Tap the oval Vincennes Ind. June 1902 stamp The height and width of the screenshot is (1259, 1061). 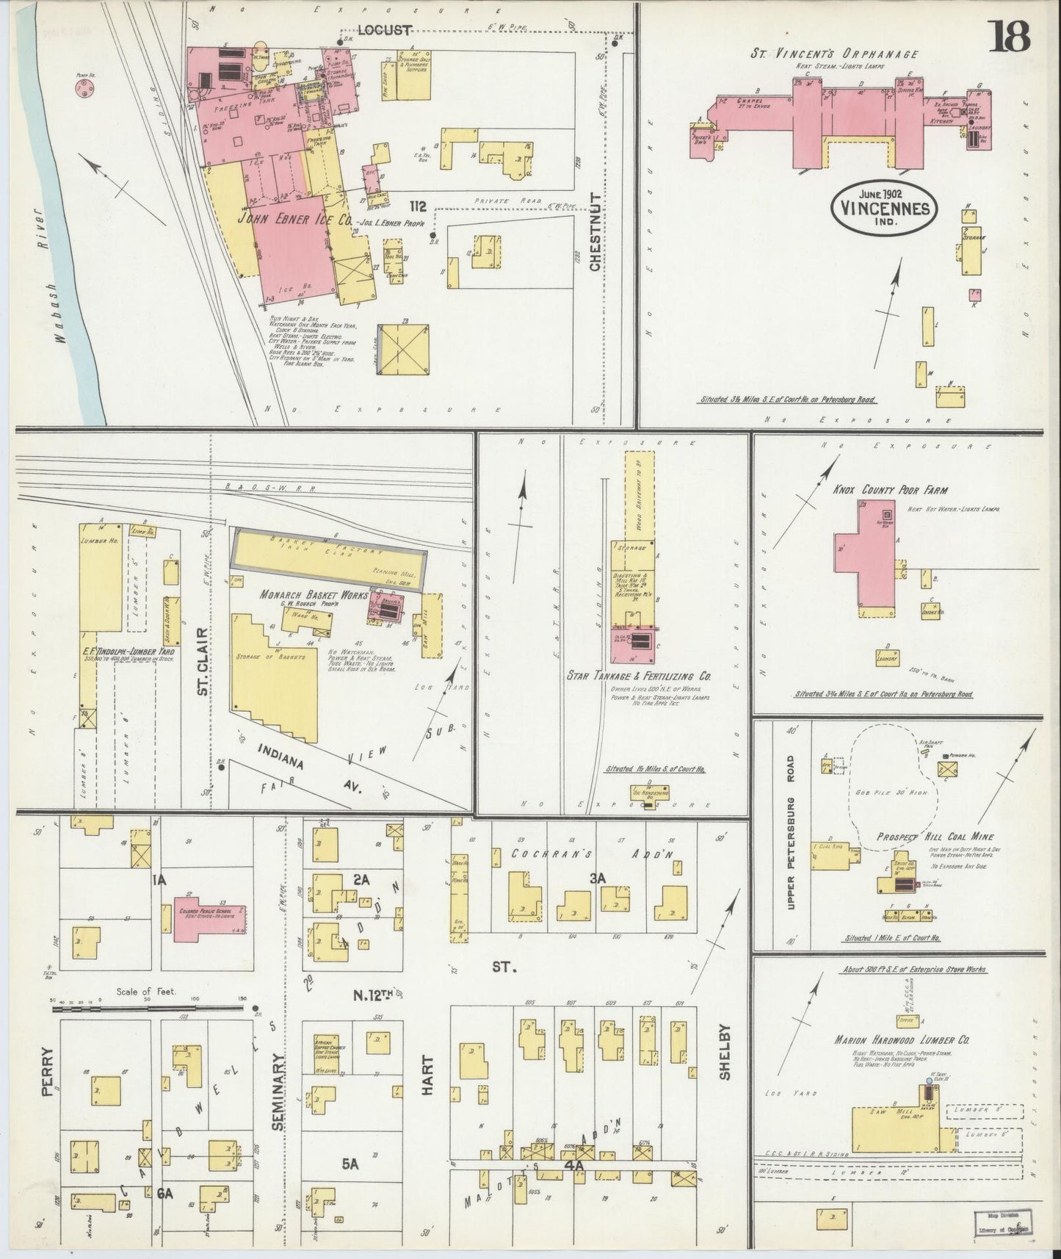(x=885, y=208)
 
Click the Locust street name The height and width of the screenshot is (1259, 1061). (x=385, y=29)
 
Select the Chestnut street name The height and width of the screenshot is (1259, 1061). (x=596, y=232)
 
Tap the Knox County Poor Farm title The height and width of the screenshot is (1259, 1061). (x=890, y=489)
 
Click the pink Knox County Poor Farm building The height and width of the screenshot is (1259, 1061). (x=866, y=562)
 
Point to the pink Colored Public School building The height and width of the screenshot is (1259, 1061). (x=210, y=918)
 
